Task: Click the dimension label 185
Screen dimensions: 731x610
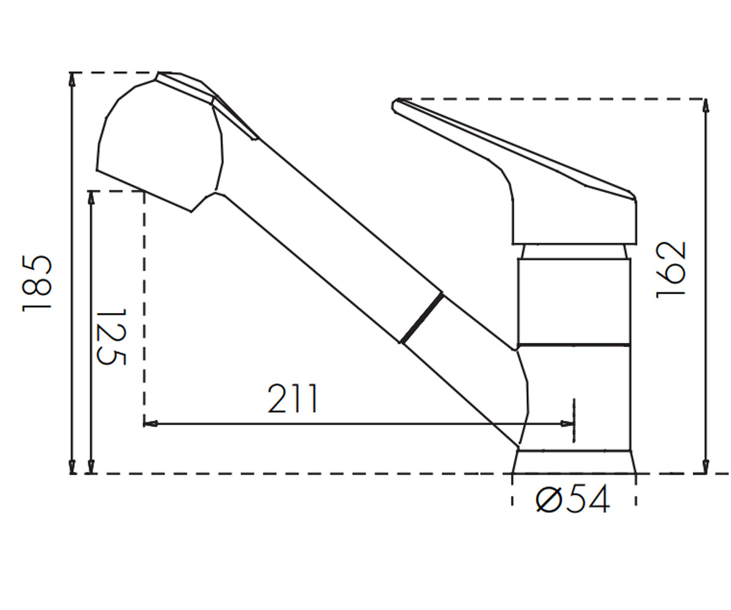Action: click(x=37, y=284)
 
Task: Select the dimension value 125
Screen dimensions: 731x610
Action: click(x=111, y=337)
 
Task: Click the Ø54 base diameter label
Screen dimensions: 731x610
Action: click(x=573, y=500)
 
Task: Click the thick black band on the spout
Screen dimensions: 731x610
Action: click(x=422, y=318)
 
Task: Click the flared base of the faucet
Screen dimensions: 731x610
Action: click(x=574, y=461)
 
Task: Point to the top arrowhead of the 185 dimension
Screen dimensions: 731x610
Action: click(x=72, y=80)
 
